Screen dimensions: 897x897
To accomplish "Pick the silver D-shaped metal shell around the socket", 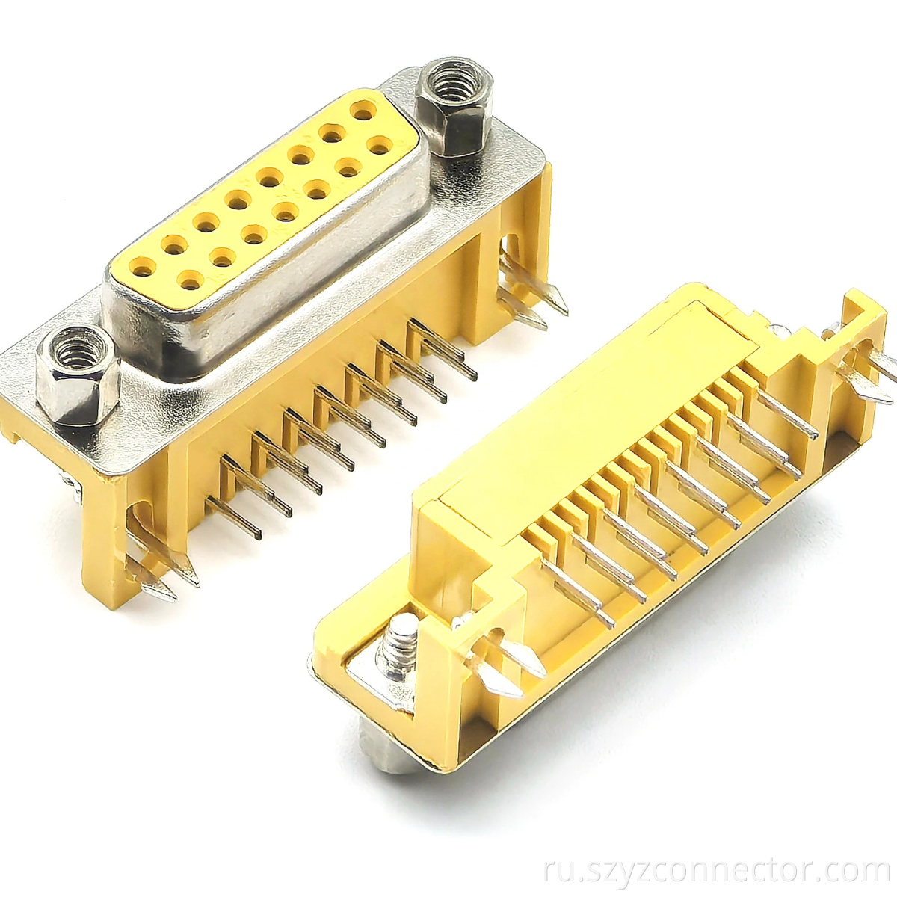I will [269, 314].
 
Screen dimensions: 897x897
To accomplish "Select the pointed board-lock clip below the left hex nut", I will [161, 579].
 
